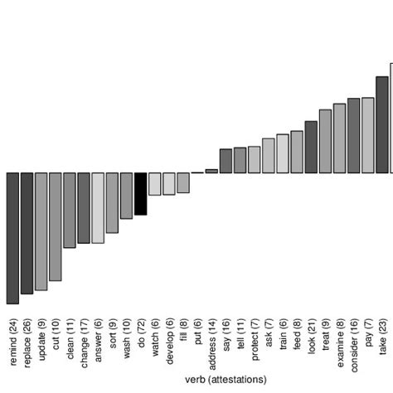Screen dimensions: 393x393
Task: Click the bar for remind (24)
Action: (12, 238)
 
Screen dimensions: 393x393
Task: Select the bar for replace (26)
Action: (27, 233)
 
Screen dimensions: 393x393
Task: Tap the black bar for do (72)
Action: (140, 193)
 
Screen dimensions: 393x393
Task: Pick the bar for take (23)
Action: (381, 124)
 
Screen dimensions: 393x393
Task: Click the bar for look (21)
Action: (311, 147)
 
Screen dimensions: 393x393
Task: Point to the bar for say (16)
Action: (226, 161)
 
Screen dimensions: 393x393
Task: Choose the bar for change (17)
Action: (84, 207)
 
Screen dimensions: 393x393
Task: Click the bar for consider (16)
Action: (353, 135)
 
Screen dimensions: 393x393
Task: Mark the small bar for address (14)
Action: (211, 171)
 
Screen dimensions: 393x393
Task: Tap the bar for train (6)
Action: (283, 153)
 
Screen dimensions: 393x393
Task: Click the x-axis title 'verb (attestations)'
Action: (226, 380)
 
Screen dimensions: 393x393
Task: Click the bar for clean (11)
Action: (70, 210)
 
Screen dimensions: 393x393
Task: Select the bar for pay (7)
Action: (367, 135)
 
